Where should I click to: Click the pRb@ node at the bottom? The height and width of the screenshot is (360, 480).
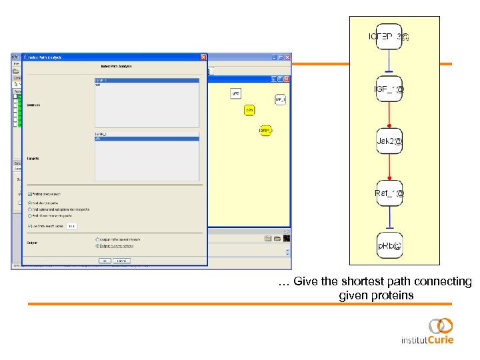389,246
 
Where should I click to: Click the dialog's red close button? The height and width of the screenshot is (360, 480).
203,57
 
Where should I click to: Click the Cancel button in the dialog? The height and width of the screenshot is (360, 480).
122,260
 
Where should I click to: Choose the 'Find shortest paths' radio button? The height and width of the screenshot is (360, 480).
31,203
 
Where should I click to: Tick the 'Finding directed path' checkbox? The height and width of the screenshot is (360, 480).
31,194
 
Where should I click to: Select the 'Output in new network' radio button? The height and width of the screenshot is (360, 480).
97,245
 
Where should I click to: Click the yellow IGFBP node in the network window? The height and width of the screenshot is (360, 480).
265,131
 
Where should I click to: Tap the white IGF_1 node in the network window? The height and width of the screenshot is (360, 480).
280,99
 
